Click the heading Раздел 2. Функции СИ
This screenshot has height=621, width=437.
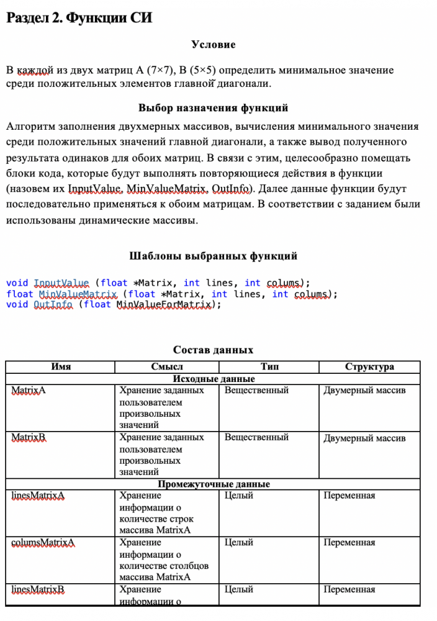(x=79, y=18)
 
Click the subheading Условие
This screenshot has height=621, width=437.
(x=213, y=45)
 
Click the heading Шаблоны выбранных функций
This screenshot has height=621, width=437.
(x=213, y=256)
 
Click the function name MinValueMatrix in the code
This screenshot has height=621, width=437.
(x=78, y=294)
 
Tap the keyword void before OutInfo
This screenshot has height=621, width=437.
(x=17, y=304)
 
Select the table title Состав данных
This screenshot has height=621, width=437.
(x=213, y=350)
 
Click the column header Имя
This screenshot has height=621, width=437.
(x=61, y=366)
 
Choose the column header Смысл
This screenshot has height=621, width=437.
(x=167, y=366)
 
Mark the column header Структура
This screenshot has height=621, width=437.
(x=369, y=366)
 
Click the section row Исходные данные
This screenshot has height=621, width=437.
(x=213, y=378)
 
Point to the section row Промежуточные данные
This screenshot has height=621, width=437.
(x=213, y=484)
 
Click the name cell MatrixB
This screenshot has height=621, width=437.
(x=29, y=438)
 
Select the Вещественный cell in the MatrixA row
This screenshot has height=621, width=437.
(x=256, y=390)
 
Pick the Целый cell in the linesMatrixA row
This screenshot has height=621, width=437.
(x=239, y=496)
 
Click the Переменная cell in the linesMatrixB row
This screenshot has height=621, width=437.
(x=349, y=589)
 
